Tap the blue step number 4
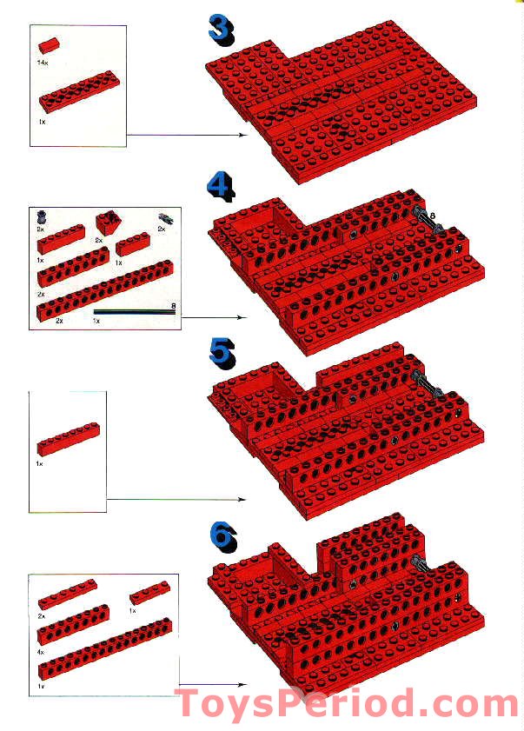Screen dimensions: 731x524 pos(221,186)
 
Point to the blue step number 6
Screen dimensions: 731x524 pos(222,535)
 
